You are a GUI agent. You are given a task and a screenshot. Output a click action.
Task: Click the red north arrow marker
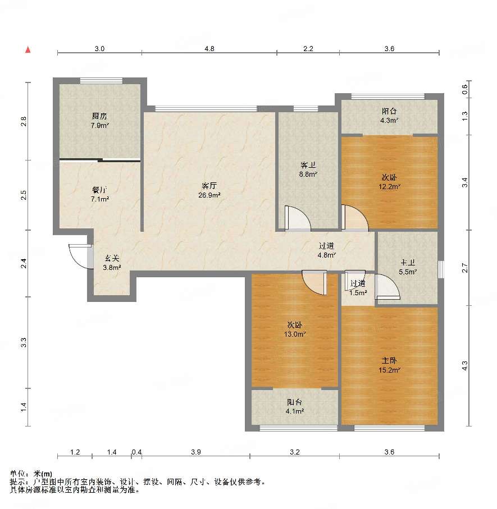pyautogui.click(x=28, y=50)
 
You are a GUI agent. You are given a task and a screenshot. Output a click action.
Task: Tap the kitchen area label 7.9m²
pyautogui.click(x=100, y=125)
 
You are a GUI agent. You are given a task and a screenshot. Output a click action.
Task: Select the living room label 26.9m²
pyautogui.click(x=209, y=195)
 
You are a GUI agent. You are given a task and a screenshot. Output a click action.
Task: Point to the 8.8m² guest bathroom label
pyautogui.click(x=308, y=175)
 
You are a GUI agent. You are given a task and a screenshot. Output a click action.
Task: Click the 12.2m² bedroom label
pyautogui.click(x=389, y=187)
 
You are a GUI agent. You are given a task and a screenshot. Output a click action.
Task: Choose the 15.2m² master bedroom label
pyautogui.click(x=389, y=370)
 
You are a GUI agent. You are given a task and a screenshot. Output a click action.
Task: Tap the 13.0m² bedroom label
pyautogui.click(x=295, y=334)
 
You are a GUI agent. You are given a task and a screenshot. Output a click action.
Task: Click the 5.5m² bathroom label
pyautogui.click(x=408, y=272)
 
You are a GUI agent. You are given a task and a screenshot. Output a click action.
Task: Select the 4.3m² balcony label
pyautogui.click(x=389, y=121)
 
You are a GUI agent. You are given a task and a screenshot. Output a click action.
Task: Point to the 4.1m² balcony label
pyautogui.click(x=295, y=411)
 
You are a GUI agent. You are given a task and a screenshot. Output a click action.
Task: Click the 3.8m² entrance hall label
pyautogui.click(x=112, y=268)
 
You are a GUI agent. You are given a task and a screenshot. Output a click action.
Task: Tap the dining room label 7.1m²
pyautogui.click(x=100, y=199)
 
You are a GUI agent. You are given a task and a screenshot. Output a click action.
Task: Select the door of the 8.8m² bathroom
pyautogui.click(x=297, y=218)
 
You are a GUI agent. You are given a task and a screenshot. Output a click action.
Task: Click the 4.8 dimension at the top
pyautogui.click(x=209, y=49)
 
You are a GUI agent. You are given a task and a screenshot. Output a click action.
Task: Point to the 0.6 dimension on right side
pyautogui.click(x=465, y=89)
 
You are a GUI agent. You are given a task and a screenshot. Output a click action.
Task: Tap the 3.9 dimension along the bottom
pyautogui.click(x=196, y=452)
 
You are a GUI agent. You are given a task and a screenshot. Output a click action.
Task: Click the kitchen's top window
pyautogui.click(x=101, y=81)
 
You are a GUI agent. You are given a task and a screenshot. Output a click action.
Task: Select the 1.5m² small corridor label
pyautogui.click(x=358, y=292)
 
